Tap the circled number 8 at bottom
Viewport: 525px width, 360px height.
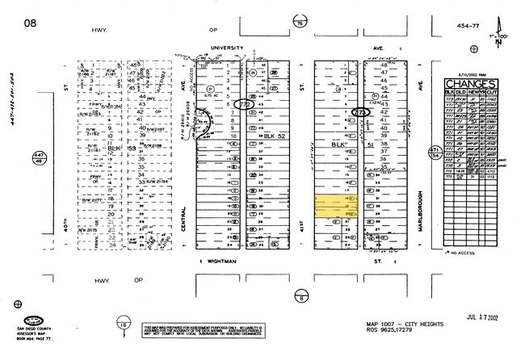[301, 298]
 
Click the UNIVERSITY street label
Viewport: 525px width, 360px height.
[227, 48]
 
